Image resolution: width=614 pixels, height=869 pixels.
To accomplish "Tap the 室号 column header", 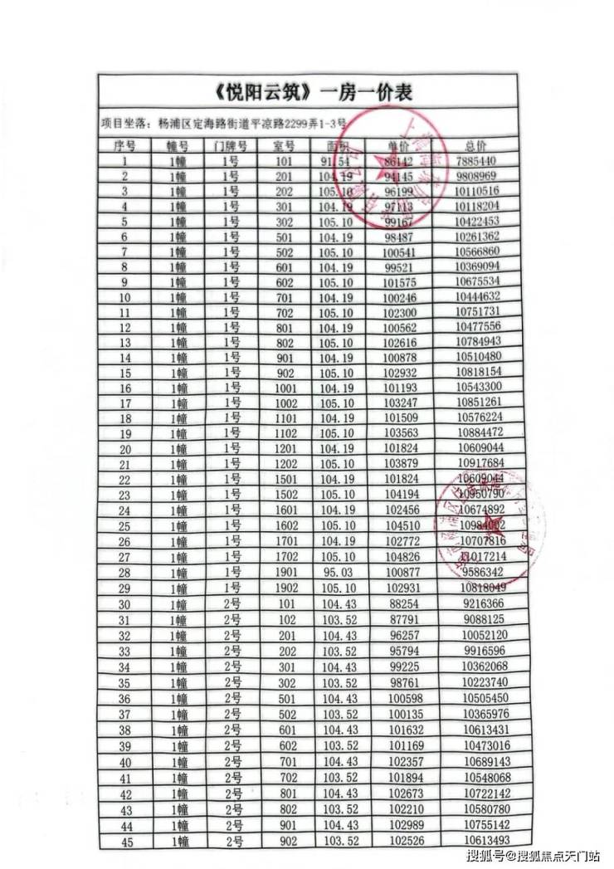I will pyautogui.click(x=284, y=145).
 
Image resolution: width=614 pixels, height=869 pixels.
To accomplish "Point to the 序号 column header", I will pyautogui.click(x=124, y=145).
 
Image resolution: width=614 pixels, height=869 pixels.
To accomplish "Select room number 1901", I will pyautogui.click(x=284, y=573).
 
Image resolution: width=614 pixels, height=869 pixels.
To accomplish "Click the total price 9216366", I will pyautogui.click(x=477, y=603).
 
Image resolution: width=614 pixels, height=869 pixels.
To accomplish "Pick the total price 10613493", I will pyautogui.click(x=477, y=840).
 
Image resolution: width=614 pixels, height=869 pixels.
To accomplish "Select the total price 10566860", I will pyautogui.click(x=476, y=251).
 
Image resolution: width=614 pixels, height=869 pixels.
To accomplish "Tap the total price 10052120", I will pyautogui.click(x=477, y=634).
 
